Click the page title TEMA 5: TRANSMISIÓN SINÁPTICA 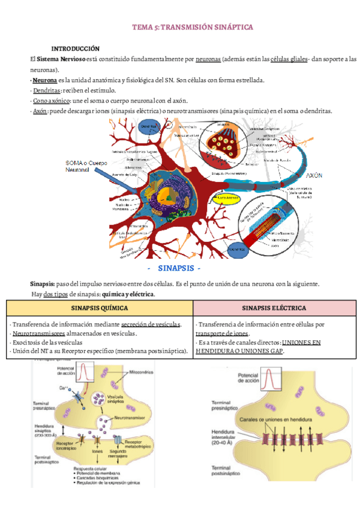[193, 28]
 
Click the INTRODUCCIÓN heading [75, 48]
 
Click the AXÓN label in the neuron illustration [314, 176]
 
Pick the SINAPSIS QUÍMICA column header [98, 308]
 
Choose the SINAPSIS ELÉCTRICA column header [274, 308]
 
